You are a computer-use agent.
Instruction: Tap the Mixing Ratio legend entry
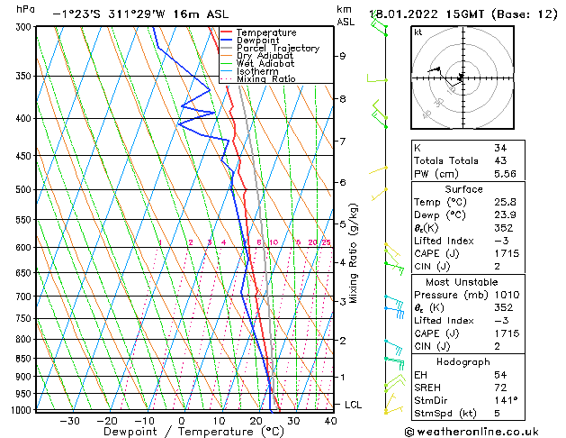click(x=265, y=78)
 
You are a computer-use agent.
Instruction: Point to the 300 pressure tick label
click(x=24, y=27)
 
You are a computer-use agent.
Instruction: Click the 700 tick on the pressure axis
click(x=24, y=297)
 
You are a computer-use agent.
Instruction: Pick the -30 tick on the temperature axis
click(x=69, y=421)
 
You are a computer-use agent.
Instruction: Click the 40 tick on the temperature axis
click(x=330, y=421)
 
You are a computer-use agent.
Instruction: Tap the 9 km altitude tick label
click(x=343, y=56)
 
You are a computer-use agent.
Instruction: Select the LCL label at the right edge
click(x=354, y=406)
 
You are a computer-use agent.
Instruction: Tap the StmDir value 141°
click(x=505, y=400)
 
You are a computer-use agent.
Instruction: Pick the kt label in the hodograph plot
click(x=418, y=32)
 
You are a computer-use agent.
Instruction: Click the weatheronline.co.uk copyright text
click(x=484, y=430)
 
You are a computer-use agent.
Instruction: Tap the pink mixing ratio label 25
click(x=326, y=242)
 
